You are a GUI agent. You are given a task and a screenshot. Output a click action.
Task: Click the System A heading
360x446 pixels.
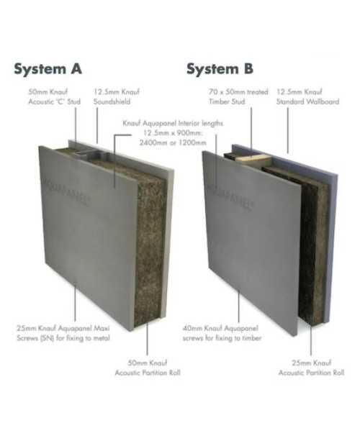coord(48,69)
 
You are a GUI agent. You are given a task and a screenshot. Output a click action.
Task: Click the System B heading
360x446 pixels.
coord(220,69)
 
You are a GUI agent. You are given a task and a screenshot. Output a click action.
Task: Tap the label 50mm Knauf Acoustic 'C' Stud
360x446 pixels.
coord(54,96)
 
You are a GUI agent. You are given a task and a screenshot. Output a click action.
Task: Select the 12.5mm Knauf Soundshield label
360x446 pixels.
coord(117,96)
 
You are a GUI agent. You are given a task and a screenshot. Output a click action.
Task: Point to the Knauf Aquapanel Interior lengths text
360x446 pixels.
coord(173,133)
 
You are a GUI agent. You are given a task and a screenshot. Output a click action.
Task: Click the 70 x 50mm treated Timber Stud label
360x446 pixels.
coord(238,96)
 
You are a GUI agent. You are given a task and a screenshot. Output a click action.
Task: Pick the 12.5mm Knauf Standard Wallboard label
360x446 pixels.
coord(307,96)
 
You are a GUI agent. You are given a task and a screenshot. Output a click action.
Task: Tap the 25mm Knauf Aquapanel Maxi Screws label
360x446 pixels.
coord(63,333)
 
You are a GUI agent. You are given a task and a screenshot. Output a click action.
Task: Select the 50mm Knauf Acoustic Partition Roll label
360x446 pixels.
coord(148,368)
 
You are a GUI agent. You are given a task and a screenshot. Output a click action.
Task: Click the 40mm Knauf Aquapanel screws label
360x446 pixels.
coord(222,333)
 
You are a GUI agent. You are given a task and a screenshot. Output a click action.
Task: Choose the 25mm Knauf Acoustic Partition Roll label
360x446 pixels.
coord(311,368)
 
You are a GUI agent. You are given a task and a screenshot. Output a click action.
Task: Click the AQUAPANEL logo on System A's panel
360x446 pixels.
coord(67,191)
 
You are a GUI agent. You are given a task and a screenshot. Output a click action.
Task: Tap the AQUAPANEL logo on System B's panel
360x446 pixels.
coord(230,196)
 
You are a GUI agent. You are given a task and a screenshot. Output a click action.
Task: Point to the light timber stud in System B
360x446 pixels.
coord(253,158)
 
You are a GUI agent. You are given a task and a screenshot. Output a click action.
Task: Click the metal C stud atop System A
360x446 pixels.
coord(89,155)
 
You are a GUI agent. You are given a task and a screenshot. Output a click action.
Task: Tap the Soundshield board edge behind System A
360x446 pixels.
coord(169,242)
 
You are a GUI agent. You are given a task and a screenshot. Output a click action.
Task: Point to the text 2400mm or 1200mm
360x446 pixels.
coord(173,142)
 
